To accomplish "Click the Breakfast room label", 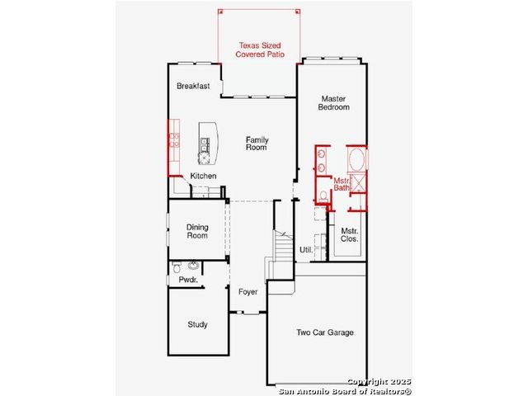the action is [193, 86].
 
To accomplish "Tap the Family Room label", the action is [257, 144].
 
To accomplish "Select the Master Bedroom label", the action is [333, 103].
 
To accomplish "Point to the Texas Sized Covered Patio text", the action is [260, 49].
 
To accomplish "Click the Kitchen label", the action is [203, 176].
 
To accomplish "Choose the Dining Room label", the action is [197, 231].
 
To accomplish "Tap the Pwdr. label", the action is [188, 280].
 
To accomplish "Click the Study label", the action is [197, 324].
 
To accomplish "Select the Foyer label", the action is [247, 292].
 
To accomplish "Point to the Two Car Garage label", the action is [325, 332].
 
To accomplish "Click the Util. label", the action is [306, 250].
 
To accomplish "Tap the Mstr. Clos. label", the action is [349, 234].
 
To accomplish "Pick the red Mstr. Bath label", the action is [342, 184].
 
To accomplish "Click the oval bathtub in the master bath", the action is [356, 159].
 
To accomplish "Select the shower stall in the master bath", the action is [358, 183].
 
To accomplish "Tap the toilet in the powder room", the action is [177, 267].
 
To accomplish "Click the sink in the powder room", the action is [194, 266].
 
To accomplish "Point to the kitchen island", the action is [208, 144].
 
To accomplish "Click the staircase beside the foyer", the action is [283, 247].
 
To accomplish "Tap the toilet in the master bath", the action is [323, 196].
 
